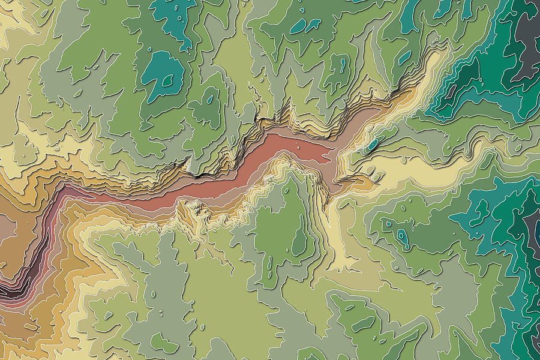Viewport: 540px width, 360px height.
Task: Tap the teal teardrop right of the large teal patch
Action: tap(211, 98)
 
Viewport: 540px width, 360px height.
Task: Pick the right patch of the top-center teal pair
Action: tap(312, 25)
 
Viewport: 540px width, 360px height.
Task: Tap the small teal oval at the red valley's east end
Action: tap(373, 145)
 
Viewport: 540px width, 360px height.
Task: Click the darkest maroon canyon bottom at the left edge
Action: tap(7, 292)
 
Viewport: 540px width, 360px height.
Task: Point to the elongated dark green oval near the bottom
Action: tap(363, 325)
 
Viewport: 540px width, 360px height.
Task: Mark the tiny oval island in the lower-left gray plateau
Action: tap(163, 313)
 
